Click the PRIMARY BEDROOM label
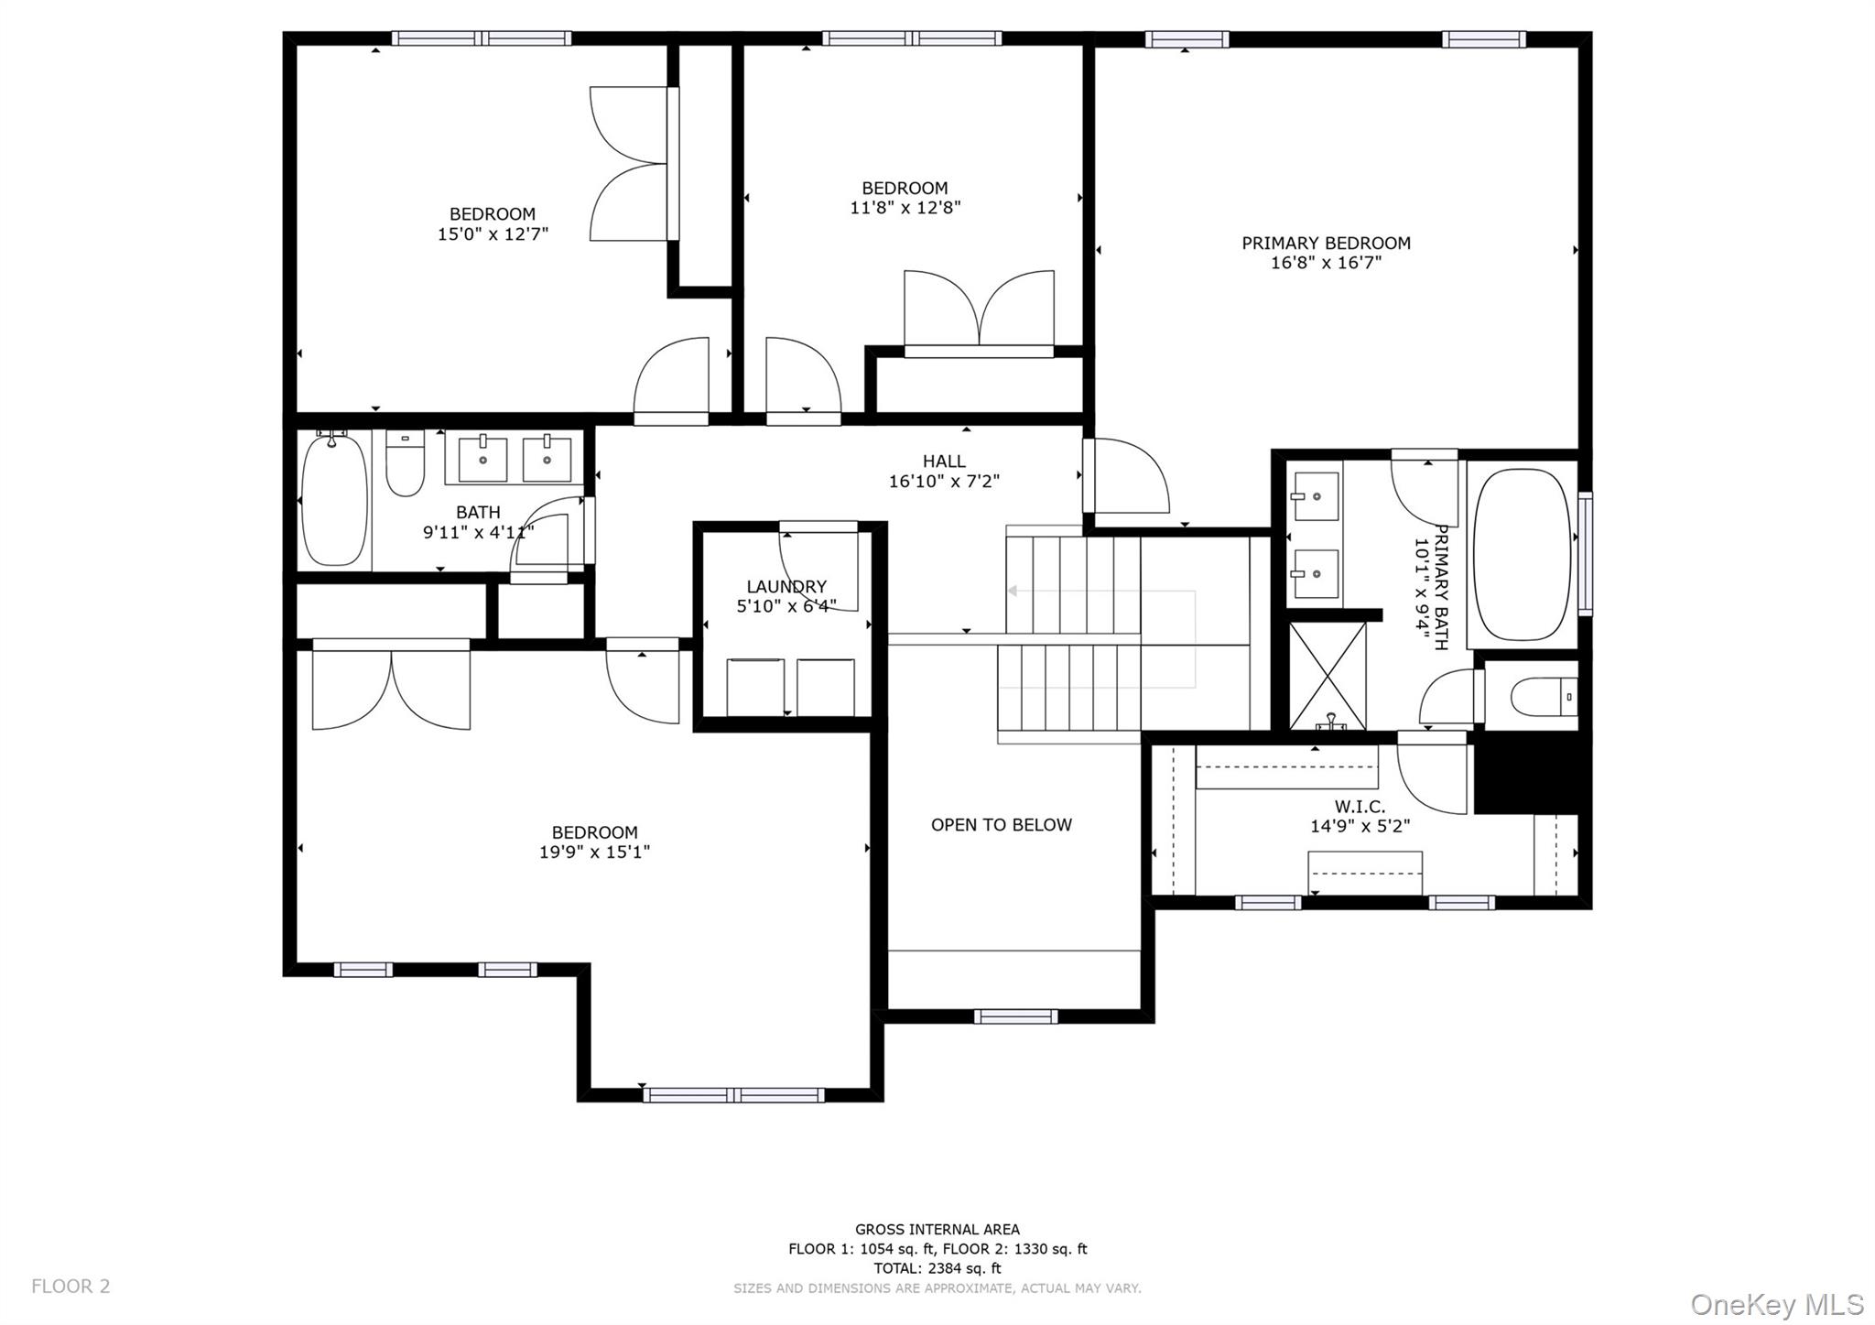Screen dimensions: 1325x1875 [1325, 244]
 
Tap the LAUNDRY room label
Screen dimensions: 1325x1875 [786, 587]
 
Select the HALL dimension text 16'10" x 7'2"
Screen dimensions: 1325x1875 [943, 482]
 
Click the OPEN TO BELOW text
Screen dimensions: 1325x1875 [1001, 825]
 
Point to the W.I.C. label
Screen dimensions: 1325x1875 [1359, 807]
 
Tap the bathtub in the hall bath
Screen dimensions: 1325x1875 [334, 502]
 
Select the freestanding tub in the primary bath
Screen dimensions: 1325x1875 [1522, 555]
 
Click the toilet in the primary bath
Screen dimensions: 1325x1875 [1543, 698]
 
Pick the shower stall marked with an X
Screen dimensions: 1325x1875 [1327, 676]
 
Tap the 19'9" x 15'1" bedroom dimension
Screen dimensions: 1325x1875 [594, 853]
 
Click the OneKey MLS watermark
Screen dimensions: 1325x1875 [1776, 1304]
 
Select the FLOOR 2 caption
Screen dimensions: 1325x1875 [70, 1287]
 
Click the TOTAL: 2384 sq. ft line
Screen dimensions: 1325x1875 [937, 1268]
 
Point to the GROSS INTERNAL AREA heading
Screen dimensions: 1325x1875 [937, 1230]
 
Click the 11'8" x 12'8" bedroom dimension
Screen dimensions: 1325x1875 [905, 208]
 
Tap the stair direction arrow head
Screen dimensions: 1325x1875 [1013, 592]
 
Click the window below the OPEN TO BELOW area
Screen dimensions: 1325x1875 [1014, 1016]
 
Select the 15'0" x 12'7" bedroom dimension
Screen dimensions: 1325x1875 [493, 234]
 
